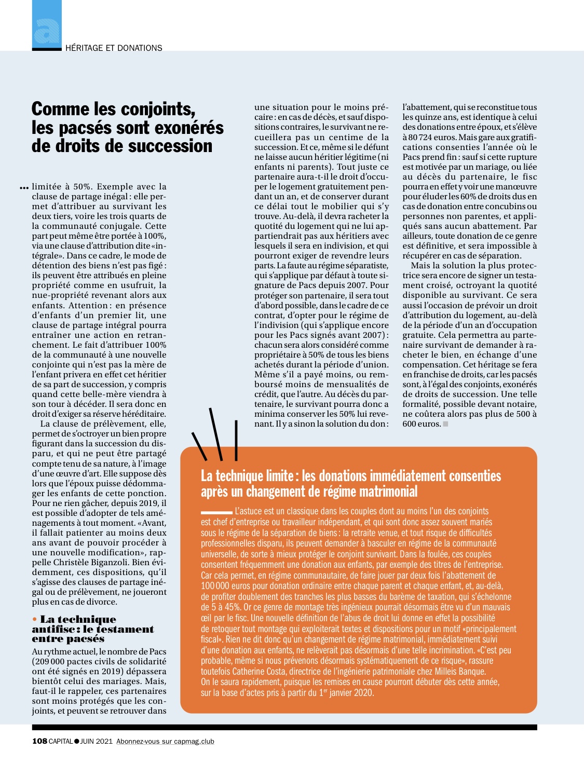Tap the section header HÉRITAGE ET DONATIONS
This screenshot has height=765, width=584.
114,48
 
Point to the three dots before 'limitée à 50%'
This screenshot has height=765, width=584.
23,187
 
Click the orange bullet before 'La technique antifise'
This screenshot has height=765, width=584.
35,619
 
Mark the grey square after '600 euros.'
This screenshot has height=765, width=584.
445,424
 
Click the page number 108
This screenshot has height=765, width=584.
39,741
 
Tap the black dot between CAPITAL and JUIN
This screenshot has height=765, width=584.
77,741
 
